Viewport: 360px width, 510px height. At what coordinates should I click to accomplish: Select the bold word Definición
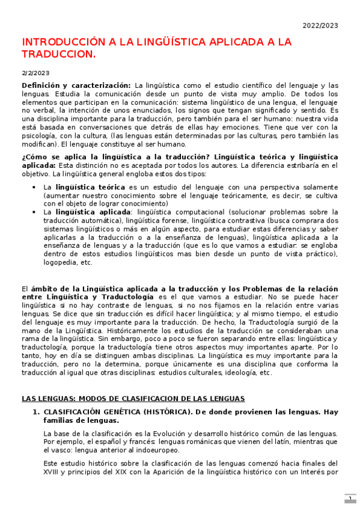click(42, 85)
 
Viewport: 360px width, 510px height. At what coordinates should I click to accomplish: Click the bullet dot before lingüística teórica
click(36, 187)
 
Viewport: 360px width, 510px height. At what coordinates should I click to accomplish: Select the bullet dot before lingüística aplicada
click(36, 212)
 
